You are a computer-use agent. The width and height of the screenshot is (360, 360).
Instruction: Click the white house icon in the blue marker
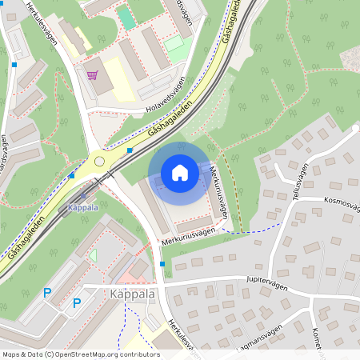(180, 172)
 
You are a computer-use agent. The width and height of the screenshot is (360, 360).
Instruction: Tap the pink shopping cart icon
(93, 75)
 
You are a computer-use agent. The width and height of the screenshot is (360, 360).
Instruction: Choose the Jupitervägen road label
(267, 282)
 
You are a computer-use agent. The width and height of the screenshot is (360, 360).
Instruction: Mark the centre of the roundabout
(100, 161)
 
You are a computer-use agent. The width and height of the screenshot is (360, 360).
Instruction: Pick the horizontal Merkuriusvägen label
(189, 233)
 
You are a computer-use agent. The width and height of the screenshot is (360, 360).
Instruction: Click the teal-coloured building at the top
(126, 18)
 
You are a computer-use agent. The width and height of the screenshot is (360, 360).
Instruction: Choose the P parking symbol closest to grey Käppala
(77, 303)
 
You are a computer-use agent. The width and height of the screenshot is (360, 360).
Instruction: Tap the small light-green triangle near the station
(93, 255)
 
